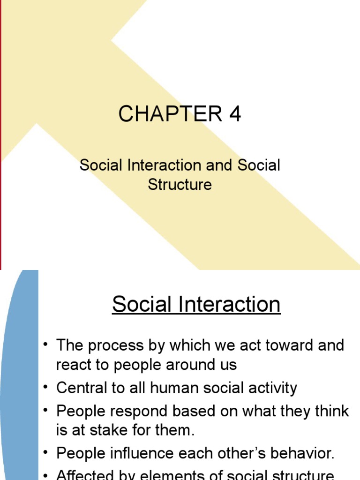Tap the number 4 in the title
[235, 114]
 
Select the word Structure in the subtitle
[180, 185]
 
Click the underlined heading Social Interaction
[196, 304]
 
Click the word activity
[269, 389]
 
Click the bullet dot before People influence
[45, 453]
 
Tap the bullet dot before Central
[45, 388]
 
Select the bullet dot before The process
[45, 345]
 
